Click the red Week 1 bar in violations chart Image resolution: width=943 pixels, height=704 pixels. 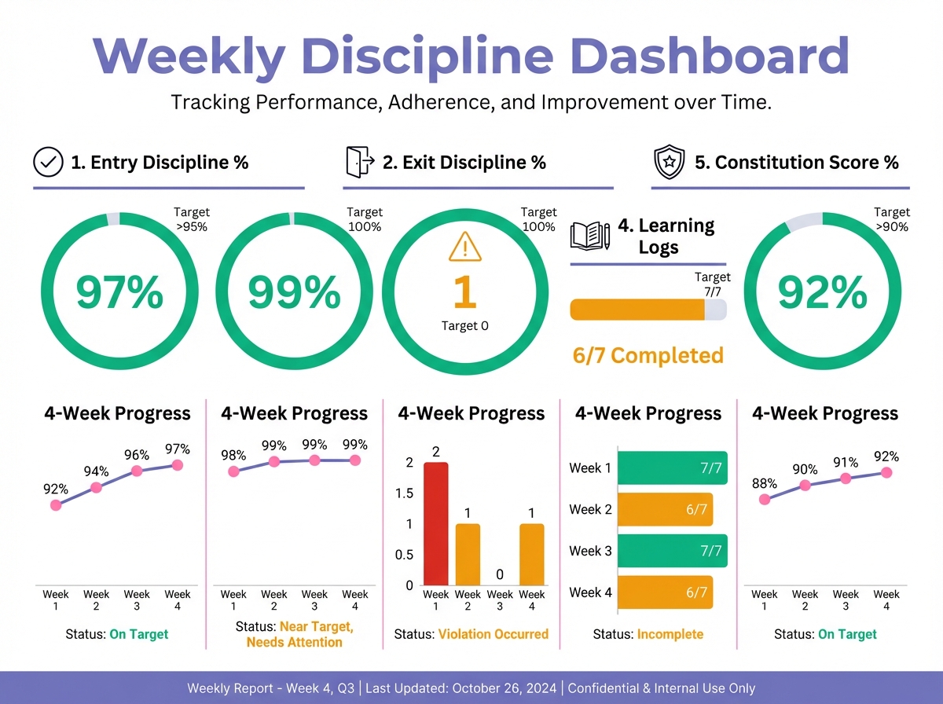coord(436,524)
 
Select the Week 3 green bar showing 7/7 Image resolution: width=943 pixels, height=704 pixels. coord(672,551)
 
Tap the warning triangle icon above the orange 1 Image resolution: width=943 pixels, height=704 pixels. coord(465,249)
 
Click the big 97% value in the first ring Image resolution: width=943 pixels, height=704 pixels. coord(119,292)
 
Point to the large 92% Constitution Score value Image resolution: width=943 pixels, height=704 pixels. coord(822,292)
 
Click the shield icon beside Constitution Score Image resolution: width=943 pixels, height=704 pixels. coord(669,163)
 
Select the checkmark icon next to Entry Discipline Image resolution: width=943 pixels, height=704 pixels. coord(48,163)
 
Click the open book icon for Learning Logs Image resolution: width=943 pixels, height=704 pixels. coord(589,235)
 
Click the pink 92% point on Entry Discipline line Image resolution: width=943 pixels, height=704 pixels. coord(56,505)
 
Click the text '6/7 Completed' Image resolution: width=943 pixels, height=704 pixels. coord(648,356)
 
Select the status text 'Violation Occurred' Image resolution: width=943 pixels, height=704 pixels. coord(493,634)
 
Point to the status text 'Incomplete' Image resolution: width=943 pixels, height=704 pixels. coord(670,634)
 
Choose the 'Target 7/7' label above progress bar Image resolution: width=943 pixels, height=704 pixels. coord(712,284)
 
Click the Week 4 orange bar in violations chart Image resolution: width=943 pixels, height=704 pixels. coord(532,555)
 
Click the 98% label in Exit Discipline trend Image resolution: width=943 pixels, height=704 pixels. coord(233,455)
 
